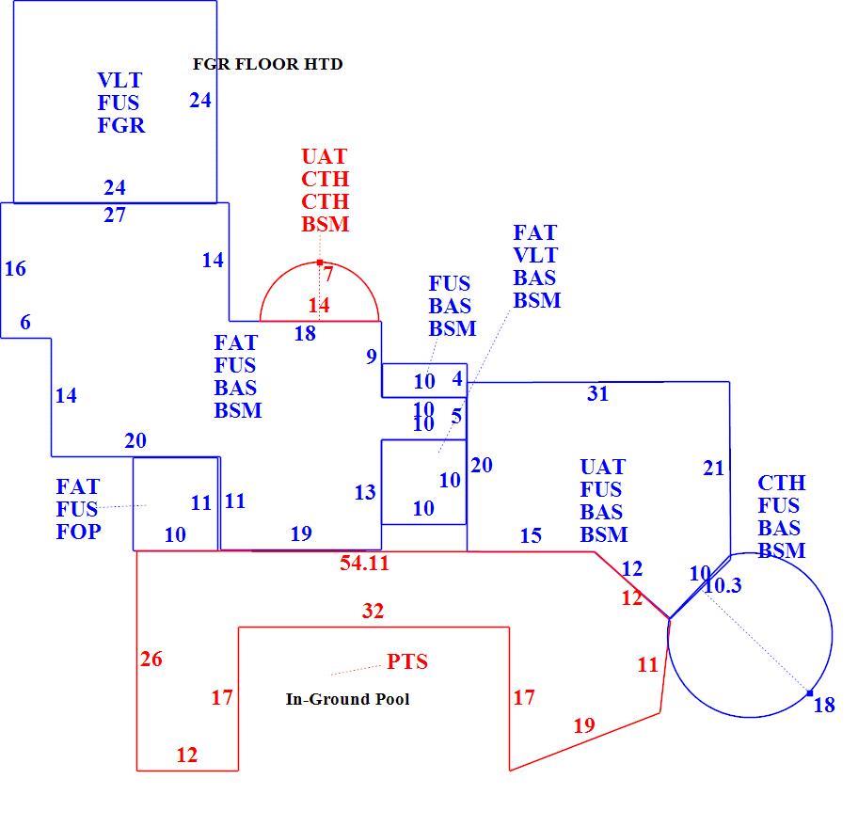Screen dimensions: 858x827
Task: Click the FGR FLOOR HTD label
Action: pyautogui.click(x=267, y=64)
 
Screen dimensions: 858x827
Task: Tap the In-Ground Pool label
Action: pyautogui.click(x=347, y=699)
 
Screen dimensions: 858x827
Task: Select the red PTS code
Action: pyautogui.click(x=407, y=661)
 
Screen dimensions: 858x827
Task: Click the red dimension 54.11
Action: pyautogui.click(x=364, y=563)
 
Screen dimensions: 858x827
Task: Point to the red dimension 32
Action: pyautogui.click(x=373, y=611)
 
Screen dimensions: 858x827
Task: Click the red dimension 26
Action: pyautogui.click(x=151, y=659)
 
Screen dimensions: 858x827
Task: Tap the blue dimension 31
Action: pyautogui.click(x=597, y=393)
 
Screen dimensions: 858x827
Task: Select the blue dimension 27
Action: pyautogui.click(x=115, y=215)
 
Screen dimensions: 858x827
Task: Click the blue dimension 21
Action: pyautogui.click(x=713, y=469)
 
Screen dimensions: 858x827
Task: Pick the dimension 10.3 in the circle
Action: pyautogui.click(x=723, y=585)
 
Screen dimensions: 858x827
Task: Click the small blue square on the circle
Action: pyautogui.click(x=810, y=693)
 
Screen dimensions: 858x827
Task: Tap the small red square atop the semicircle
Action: pyautogui.click(x=320, y=262)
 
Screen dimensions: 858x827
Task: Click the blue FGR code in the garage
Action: pyautogui.click(x=121, y=125)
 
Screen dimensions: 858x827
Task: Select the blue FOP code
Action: pyautogui.click(x=78, y=532)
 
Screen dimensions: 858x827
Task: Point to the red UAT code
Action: pyautogui.click(x=325, y=156)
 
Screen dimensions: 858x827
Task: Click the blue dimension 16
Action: pyautogui.click(x=15, y=269)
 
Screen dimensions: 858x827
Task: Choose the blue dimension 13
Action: pyautogui.click(x=365, y=493)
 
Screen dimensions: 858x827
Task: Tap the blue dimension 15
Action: pyautogui.click(x=531, y=536)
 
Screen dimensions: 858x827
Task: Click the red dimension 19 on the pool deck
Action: pyautogui.click(x=584, y=725)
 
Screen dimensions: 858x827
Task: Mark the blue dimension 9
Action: pyautogui.click(x=372, y=357)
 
